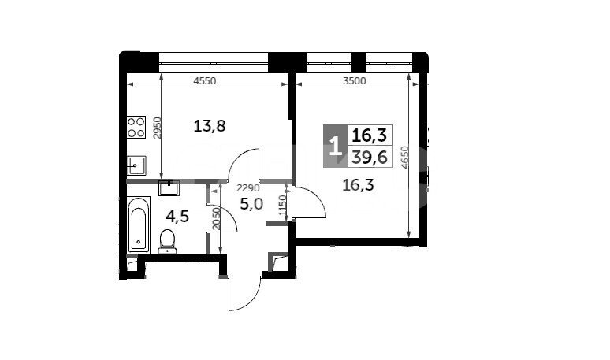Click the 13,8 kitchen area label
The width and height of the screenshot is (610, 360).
(210, 126)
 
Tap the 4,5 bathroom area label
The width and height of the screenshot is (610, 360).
(177, 217)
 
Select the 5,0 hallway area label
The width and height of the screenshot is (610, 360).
(251, 203)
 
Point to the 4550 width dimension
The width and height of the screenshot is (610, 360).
(205, 81)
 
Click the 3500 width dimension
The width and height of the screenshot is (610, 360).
(355, 81)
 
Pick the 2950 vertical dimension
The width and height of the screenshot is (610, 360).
(157, 128)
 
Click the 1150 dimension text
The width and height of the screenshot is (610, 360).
(283, 207)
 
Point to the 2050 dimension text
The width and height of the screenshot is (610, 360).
(217, 218)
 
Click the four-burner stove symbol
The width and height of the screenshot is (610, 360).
(136, 127)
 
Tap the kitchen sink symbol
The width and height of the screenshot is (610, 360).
(136, 165)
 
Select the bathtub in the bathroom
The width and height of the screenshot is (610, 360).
(139, 225)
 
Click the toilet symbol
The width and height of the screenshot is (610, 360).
(168, 241)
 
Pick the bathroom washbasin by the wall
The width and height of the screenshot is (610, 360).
(169, 187)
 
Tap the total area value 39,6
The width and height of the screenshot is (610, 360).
(370, 158)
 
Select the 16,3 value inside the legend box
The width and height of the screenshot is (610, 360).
(370, 135)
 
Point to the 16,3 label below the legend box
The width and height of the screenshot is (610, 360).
(358, 185)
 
